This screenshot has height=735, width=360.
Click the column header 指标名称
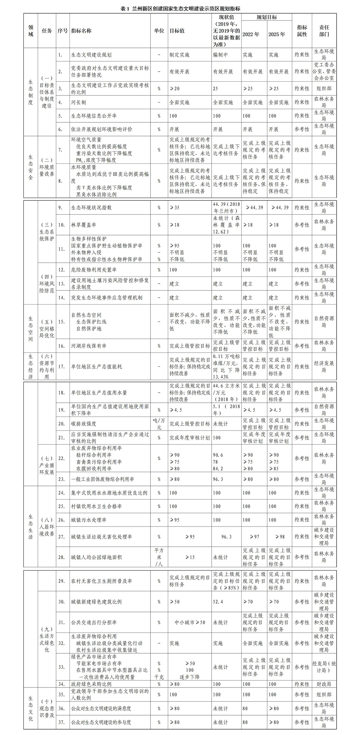point(81,31)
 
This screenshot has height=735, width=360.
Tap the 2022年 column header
point(251,35)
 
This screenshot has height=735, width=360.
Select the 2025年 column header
point(277,35)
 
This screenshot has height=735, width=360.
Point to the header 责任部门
point(324,31)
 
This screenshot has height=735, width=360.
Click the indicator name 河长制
point(78,102)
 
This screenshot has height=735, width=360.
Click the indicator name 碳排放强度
point(84,424)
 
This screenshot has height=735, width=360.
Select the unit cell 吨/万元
point(159,424)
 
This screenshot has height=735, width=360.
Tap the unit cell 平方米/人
point(159,557)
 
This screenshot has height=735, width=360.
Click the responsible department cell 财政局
point(324,684)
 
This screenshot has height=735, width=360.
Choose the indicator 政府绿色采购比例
point(91,684)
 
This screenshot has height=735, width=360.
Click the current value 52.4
point(218,602)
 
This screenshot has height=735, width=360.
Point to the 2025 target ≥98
point(280,537)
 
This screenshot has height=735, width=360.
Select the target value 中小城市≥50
point(190,622)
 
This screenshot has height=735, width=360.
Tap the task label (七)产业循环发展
point(47,465)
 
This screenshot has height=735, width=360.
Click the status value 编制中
point(220,55)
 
